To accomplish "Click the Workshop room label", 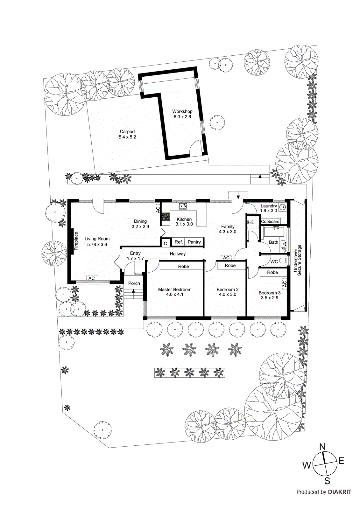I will pos(182,111).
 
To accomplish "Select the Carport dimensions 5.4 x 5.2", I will pos(127,137).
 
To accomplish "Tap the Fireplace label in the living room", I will pos(76,241).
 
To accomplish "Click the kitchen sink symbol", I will pos(183,206).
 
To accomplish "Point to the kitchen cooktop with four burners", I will pos(166,217).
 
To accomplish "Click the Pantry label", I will pos(194,242).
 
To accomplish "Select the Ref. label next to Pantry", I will pos(179,242).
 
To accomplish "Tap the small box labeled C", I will pos(165,244).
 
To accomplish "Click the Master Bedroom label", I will pos(175,289).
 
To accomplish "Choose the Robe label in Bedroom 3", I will pos(272,272).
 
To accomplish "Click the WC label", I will pos(274,261).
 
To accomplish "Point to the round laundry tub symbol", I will pos(282,207).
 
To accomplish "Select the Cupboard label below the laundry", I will pos(270,221).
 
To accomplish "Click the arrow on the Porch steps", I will pos(133,290).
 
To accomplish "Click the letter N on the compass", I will pos(322,447).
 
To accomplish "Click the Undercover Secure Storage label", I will pos(297,260).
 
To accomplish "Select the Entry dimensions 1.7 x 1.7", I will pos(135,259).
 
